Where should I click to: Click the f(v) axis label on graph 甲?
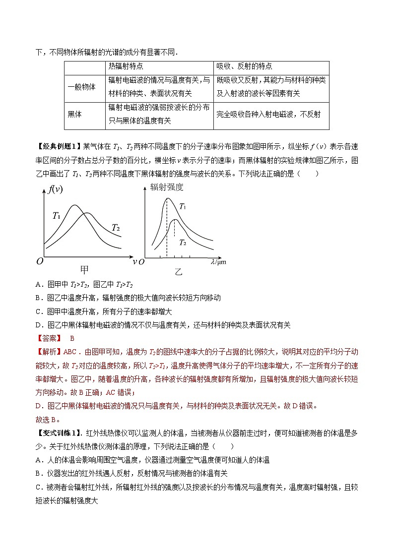[55, 189]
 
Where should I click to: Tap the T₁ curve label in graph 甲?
[57, 216]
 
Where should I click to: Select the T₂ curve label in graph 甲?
[116, 228]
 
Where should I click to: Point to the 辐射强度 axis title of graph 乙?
[167, 187]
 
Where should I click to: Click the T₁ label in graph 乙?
[183, 206]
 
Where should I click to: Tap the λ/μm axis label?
[218, 262]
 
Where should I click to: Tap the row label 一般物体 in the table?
[81, 86]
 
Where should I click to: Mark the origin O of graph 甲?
[39, 262]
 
